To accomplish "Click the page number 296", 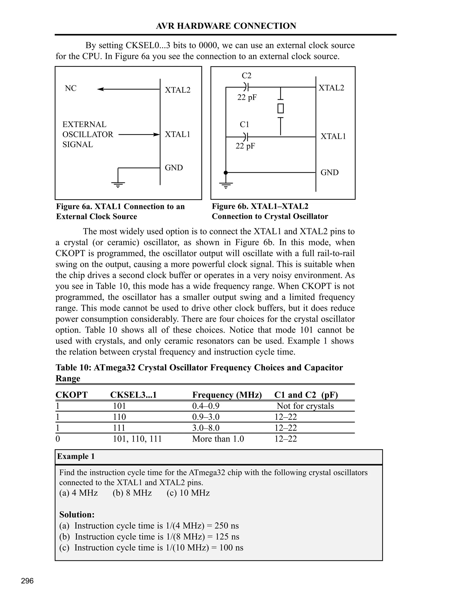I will [x=27, y=581].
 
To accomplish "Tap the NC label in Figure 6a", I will [x=71, y=88].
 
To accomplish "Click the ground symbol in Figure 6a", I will [x=118, y=184].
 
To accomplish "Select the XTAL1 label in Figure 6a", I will [x=177, y=134].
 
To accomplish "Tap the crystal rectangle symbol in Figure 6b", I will [x=280, y=108].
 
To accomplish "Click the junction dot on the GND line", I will [x=226, y=173].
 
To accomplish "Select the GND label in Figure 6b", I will [x=329, y=173].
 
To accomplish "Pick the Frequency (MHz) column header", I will [x=227, y=395].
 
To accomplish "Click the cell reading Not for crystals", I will [x=305, y=406].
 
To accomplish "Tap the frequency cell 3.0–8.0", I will [x=206, y=428].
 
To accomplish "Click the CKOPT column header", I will [x=71, y=395].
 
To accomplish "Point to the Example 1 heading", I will [x=76, y=456].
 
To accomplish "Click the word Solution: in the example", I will [x=77, y=514].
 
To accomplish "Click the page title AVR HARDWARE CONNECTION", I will [x=226, y=26].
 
